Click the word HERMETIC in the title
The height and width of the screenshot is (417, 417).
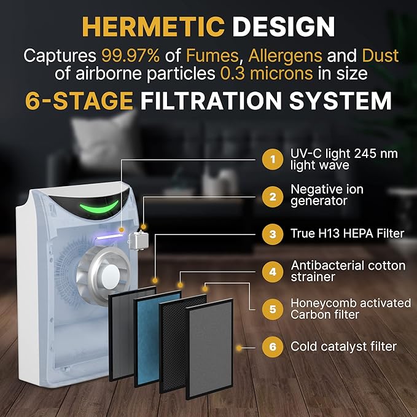point(154,27)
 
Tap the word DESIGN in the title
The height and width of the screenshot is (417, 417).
point(284,27)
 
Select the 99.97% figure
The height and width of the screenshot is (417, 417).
point(131,56)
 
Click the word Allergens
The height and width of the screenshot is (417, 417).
point(285,56)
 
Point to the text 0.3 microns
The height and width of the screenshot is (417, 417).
point(267,74)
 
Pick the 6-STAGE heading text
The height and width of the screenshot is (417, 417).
point(79,101)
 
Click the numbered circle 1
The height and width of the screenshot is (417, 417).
point(272,160)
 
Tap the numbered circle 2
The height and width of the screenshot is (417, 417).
point(272,197)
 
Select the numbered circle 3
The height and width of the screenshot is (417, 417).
point(272,235)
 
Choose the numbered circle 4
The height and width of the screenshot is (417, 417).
point(272,272)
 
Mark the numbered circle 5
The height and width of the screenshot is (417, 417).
point(272,310)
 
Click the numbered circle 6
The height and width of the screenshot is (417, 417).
point(272,347)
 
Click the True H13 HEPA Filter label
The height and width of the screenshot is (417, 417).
point(347,233)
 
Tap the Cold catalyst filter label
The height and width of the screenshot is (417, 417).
point(343,346)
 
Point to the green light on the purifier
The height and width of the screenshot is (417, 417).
point(99,208)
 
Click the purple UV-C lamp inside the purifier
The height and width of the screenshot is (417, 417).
point(109,236)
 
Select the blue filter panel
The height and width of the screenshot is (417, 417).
point(158,338)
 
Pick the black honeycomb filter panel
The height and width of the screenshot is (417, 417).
point(183,343)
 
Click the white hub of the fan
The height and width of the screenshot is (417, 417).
point(110,276)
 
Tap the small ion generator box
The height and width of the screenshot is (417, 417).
point(138,240)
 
